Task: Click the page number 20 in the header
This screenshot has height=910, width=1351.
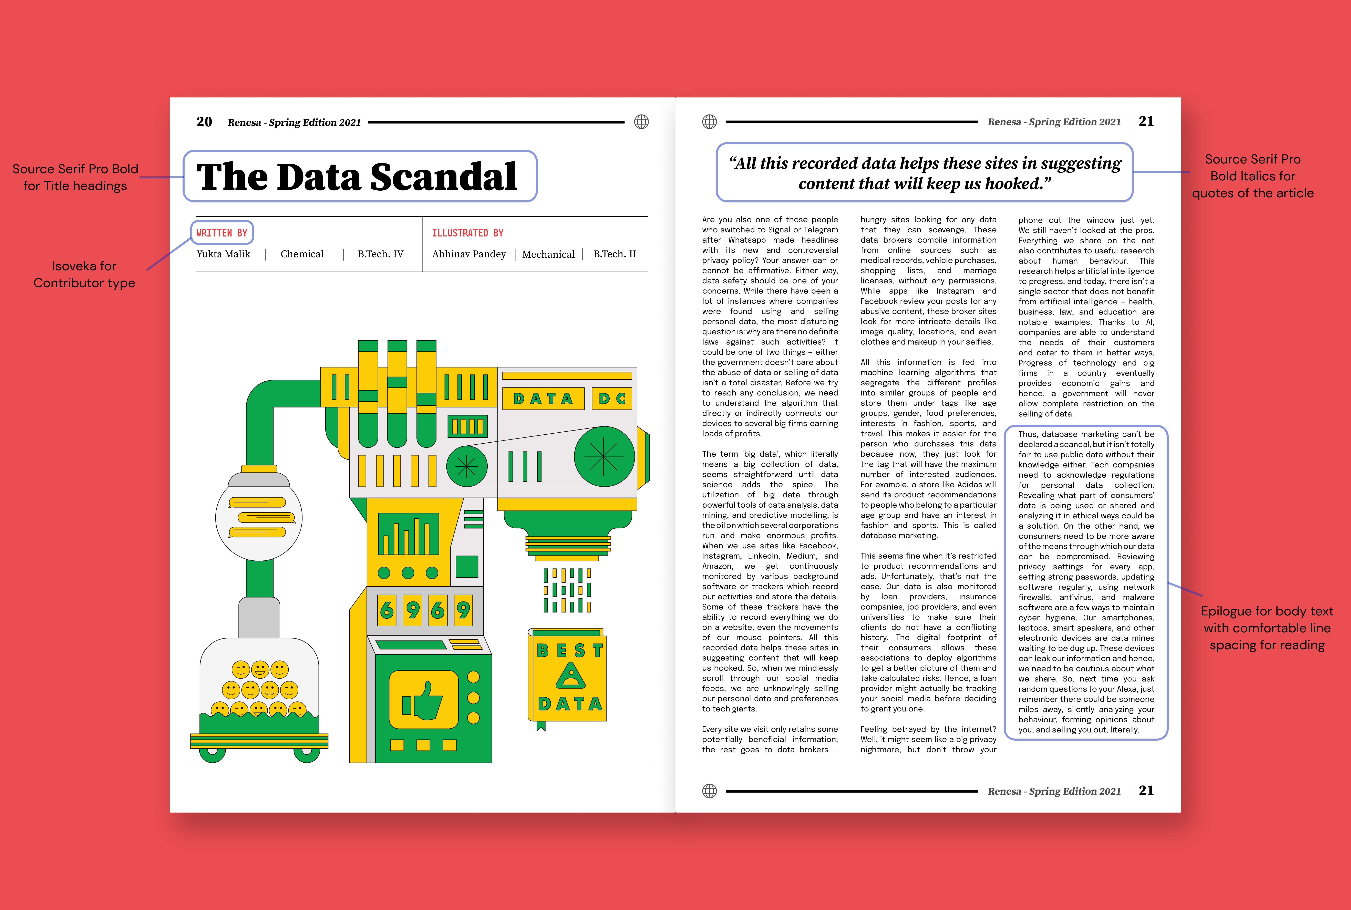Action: tap(204, 122)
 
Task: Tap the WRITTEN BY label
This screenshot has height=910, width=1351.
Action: tap(222, 233)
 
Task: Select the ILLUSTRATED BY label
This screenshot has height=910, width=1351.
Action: tap(467, 233)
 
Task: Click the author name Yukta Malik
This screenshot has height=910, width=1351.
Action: tap(223, 254)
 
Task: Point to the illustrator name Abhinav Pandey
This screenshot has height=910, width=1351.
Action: tap(468, 254)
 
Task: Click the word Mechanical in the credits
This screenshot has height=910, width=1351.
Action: tap(548, 254)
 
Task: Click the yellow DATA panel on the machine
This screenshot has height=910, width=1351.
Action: tap(543, 399)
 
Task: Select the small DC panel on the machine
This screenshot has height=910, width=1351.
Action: tap(612, 399)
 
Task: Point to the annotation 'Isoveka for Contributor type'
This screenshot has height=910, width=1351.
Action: tap(84, 275)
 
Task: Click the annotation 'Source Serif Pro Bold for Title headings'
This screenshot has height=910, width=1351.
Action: tap(75, 177)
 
